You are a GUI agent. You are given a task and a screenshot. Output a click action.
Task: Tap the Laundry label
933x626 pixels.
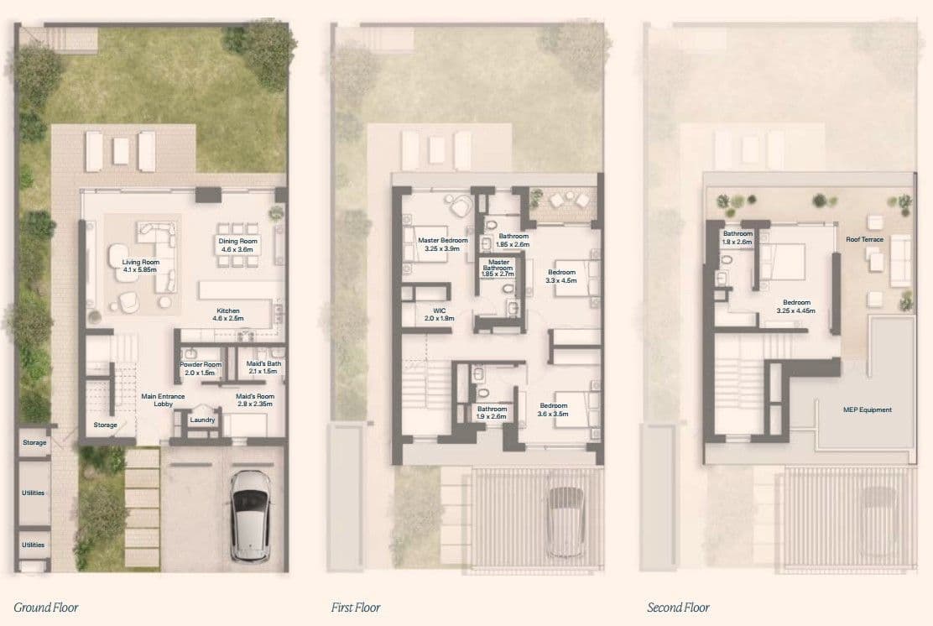point(202,420)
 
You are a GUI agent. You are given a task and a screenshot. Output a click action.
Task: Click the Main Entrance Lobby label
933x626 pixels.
point(163,400)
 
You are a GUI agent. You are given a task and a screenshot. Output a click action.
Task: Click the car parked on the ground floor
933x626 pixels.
point(251,515)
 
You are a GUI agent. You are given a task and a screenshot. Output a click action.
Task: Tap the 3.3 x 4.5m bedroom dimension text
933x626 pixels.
point(561,280)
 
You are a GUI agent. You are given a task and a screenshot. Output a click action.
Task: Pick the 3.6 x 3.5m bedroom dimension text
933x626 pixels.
point(553,414)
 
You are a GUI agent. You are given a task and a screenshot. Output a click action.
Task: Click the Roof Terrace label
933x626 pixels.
point(864,239)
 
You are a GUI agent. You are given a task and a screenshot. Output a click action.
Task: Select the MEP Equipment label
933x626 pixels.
point(867,410)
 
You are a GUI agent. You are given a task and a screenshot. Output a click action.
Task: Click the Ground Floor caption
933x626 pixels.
point(46,608)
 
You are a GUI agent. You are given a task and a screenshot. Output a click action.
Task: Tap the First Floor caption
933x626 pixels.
point(355,608)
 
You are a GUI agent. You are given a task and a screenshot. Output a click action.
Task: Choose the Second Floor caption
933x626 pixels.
point(678,608)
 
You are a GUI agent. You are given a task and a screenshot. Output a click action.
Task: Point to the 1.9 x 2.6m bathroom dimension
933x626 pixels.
point(492,416)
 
